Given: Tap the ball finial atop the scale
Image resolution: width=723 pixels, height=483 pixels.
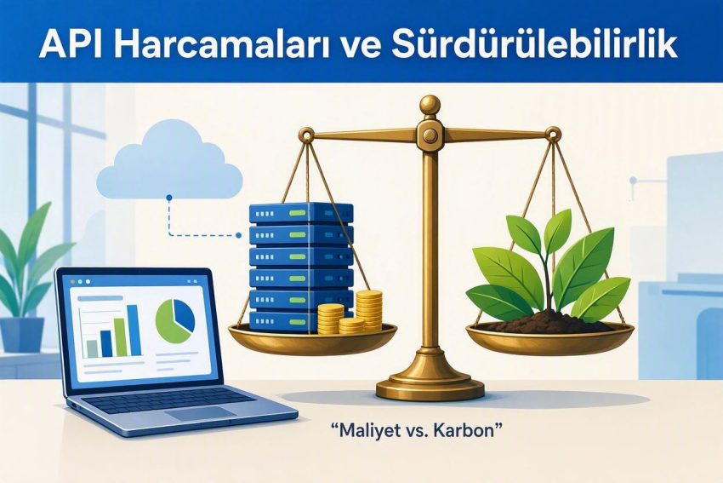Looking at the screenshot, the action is click(430, 106).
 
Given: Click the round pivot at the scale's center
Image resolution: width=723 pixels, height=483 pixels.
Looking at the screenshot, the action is click(430, 135).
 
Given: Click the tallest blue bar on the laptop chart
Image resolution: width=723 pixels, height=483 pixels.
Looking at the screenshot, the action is click(134, 330).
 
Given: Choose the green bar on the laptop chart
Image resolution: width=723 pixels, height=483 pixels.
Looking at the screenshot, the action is click(120, 336).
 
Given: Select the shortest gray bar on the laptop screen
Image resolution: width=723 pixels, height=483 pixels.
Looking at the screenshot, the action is click(92, 348).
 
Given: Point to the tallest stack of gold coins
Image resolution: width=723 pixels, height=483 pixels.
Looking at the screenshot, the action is click(369, 310).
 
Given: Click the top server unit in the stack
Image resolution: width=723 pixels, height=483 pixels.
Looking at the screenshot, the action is click(301, 213).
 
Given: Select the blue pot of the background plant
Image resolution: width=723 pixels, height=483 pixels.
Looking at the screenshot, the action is click(22, 336).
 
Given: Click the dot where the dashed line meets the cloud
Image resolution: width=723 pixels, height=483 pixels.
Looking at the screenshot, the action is click(168, 198).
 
